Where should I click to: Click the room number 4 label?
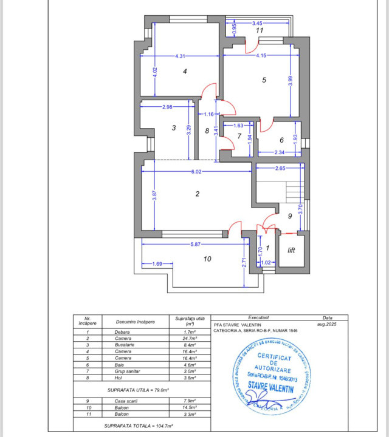185,72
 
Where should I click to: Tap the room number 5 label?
264,80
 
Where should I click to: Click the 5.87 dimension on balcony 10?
195,244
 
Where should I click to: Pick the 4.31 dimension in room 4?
179,56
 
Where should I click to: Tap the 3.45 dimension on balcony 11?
258,23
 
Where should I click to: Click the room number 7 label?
239,136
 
